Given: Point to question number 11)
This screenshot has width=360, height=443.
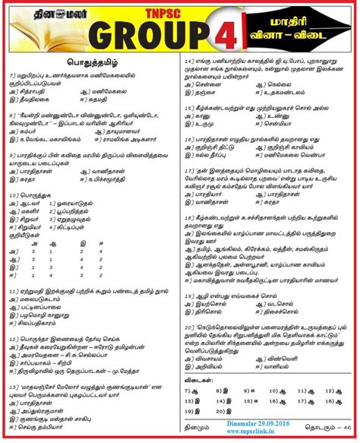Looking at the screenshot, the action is coord(14,290).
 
